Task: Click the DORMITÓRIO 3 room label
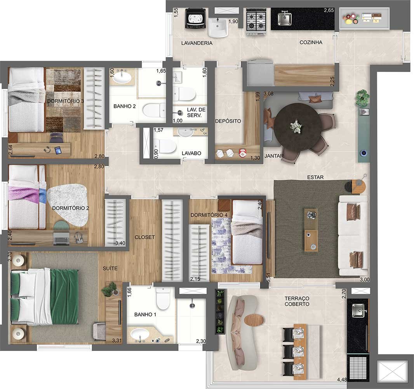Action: coord(66,101)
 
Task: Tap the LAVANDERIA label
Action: coord(197,43)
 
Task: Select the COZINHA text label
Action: coord(311,42)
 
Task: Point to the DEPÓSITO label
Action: coord(228,121)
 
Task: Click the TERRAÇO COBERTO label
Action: coord(297,301)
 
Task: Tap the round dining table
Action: coord(297,125)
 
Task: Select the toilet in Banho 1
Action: coord(163,299)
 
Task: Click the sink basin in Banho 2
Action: coord(124,77)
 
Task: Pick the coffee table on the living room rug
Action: coord(311,230)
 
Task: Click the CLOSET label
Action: coord(144,237)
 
